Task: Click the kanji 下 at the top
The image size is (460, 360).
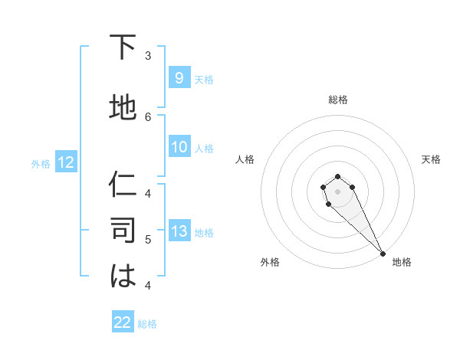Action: (123, 48)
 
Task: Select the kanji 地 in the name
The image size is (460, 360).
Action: (123, 108)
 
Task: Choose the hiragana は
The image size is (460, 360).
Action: (123, 277)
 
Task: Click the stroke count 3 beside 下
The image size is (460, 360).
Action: (148, 55)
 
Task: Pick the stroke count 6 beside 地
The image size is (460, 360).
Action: (148, 116)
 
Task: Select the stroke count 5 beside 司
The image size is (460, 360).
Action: (148, 240)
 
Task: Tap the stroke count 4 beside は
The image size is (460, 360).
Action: (148, 285)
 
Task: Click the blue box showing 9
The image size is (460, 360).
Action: (179, 78)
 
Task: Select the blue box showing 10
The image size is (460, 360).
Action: (179, 147)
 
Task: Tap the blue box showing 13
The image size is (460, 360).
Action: (179, 232)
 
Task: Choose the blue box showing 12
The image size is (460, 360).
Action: (65, 162)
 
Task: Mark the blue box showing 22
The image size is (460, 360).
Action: (123, 322)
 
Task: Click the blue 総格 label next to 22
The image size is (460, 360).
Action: (147, 324)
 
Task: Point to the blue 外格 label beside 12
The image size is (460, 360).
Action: (41, 163)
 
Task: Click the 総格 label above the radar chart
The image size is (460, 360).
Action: (337, 100)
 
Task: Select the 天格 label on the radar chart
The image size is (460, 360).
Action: (431, 159)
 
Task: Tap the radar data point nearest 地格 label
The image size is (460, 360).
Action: (383, 253)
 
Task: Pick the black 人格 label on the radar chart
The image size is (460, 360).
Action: (245, 159)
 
